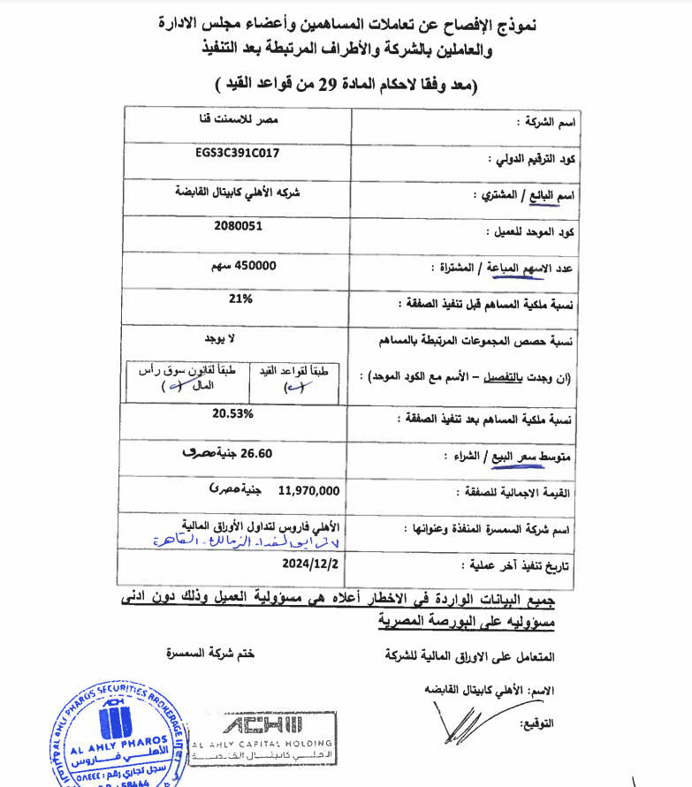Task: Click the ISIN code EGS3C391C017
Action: [x=238, y=153]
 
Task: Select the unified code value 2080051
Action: [x=238, y=225]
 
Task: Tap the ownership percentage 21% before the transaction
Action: [x=240, y=299]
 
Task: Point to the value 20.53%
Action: [x=233, y=412]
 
